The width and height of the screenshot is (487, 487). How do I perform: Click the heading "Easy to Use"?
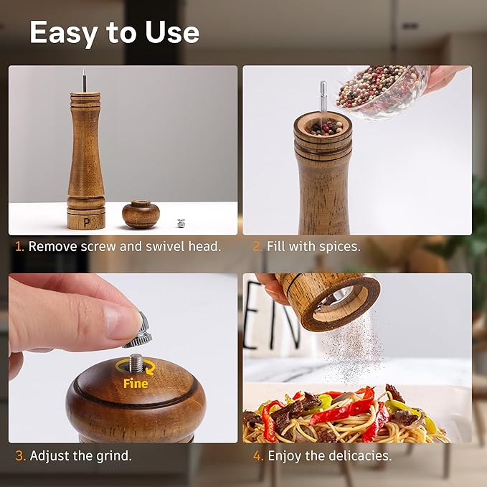click(114, 33)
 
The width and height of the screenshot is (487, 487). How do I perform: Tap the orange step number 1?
click(19, 246)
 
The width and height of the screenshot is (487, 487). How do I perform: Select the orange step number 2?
click(257, 246)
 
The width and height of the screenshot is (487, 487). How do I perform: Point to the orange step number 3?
click(19, 455)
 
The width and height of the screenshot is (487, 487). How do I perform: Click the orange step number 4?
click(257, 455)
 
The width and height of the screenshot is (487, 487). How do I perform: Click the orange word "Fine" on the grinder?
click(135, 383)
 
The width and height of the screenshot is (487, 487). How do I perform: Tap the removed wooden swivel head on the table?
click(140, 214)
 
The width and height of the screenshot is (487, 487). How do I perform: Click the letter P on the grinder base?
click(87, 221)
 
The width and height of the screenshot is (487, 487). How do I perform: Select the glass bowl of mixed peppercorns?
click(380, 90)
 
